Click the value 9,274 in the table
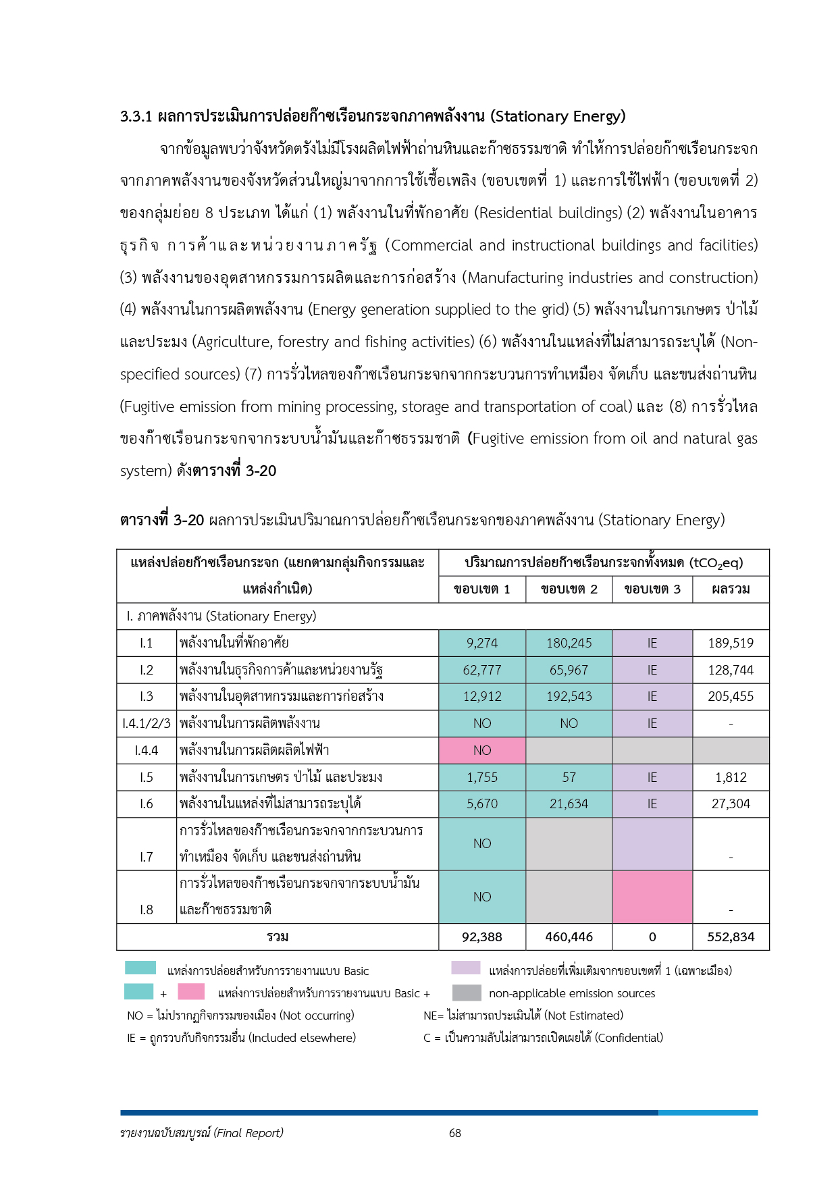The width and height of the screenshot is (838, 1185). pos(481,643)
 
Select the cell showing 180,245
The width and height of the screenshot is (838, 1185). pos(569,643)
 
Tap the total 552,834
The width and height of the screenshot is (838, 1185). pos(731,937)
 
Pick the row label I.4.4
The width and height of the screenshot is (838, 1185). pos(147,750)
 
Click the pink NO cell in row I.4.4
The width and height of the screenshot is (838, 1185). pos(481,750)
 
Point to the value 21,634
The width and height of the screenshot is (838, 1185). pos(569,804)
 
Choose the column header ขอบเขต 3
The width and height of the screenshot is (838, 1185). pos(652,589)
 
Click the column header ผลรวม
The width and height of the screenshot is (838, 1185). pos(731,589)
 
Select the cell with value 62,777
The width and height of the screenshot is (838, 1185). pos(481,670)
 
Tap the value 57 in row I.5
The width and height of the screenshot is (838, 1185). pos(569,777)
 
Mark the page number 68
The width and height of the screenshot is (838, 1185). pos(455,1133)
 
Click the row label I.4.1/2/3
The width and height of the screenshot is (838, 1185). pos(147,723)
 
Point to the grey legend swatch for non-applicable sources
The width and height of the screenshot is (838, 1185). pos(467,993)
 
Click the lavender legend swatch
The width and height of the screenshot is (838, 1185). pos(466,968)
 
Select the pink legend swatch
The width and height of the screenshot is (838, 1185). pos(191,991)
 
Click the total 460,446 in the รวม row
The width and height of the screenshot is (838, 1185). pos(569,937)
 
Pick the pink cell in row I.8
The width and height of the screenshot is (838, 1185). pos(652,897)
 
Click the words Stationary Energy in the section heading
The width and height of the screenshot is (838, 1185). pos(558,116)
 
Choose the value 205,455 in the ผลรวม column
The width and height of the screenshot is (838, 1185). pos(731,696)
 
